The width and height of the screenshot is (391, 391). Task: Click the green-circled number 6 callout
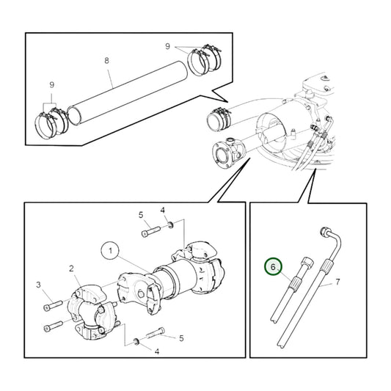click(x=273, y=268)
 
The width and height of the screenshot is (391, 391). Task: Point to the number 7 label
click(x=337, y=282)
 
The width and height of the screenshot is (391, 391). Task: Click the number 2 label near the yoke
click(x=71, y=268)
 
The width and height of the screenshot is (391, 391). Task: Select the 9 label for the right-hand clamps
click(x=168, y=46)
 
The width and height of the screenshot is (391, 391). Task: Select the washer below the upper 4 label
click(x=170, y=224)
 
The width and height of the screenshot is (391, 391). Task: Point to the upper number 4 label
click(x=162, y=211)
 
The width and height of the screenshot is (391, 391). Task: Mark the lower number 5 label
click(x=180, y=338)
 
